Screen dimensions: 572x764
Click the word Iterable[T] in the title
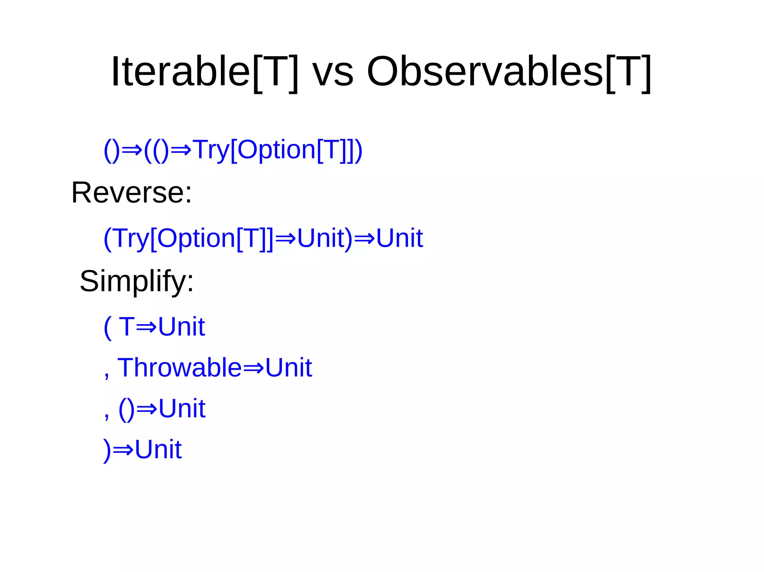point(204,72)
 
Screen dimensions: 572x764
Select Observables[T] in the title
point(509,72)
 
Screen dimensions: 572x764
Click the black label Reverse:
point(131,193)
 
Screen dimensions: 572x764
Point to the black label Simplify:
point(137,282)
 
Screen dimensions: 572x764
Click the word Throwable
point(179,367)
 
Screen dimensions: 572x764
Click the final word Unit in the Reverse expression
point(399,238)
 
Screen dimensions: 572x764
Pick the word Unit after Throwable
point(288,367)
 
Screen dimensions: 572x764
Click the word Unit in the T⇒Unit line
point(181,327)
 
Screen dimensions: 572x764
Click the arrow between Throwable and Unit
point(253,368)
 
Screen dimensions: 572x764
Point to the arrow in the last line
point(123,450)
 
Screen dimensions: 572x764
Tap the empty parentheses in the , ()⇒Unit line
point(126,409)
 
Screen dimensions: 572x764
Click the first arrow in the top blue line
point(132,150)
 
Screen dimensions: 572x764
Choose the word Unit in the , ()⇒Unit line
point(182,408)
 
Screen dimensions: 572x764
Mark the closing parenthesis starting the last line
point(107,450)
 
